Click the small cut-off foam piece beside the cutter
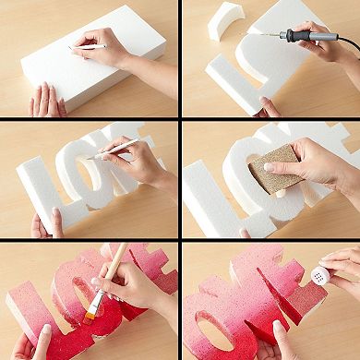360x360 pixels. point(227,20)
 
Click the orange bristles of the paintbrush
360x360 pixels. point(93,310)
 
